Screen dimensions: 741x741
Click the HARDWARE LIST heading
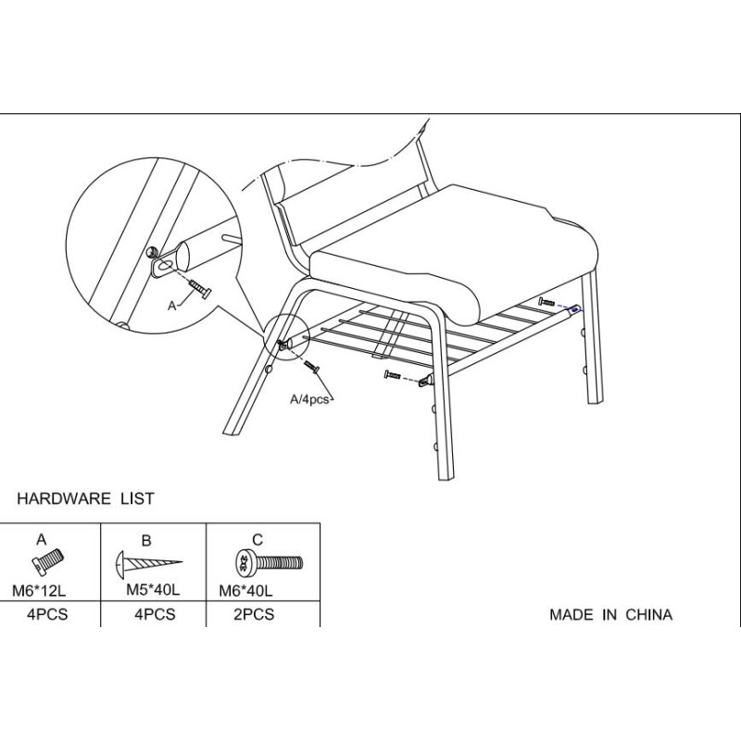tap(85, 498)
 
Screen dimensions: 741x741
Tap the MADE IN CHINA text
tap(610, 615)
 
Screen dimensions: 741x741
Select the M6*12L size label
tap(39, 591)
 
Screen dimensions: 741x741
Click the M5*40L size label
tap(153, 590)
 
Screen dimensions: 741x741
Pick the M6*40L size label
tap(245, 591)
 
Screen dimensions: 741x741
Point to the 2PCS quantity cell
tap(254, 614)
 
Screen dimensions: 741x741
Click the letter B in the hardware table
tap(146, 540)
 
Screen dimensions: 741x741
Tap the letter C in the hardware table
tap(257, 540)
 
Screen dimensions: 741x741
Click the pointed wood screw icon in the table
tap(149, 562)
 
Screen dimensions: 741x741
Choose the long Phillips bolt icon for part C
tap(269, 563)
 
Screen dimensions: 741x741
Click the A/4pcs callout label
tap(309, 399)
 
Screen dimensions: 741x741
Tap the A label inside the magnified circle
tap(172, 306)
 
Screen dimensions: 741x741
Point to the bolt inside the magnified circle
tap(200, 288)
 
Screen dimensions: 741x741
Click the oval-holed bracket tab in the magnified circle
tap(163, 265)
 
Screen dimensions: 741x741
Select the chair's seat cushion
tap(453, 256)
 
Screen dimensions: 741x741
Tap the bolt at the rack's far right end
tap(547, 301)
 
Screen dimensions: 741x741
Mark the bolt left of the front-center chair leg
tap(393, 375)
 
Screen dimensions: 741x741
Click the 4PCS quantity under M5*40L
tap(155, 614)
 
